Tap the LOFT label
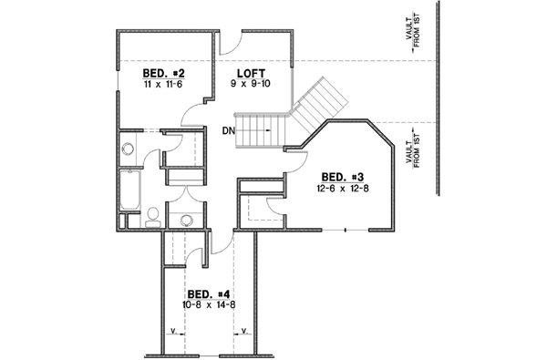point(251,72)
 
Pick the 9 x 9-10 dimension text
point(252,84)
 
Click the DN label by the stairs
point(228,130)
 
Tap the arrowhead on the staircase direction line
point(270,130)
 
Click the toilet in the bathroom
point(153,216)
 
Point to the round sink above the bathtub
point(128,150)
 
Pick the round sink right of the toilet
point(188,219)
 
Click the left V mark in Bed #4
point(172,334)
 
